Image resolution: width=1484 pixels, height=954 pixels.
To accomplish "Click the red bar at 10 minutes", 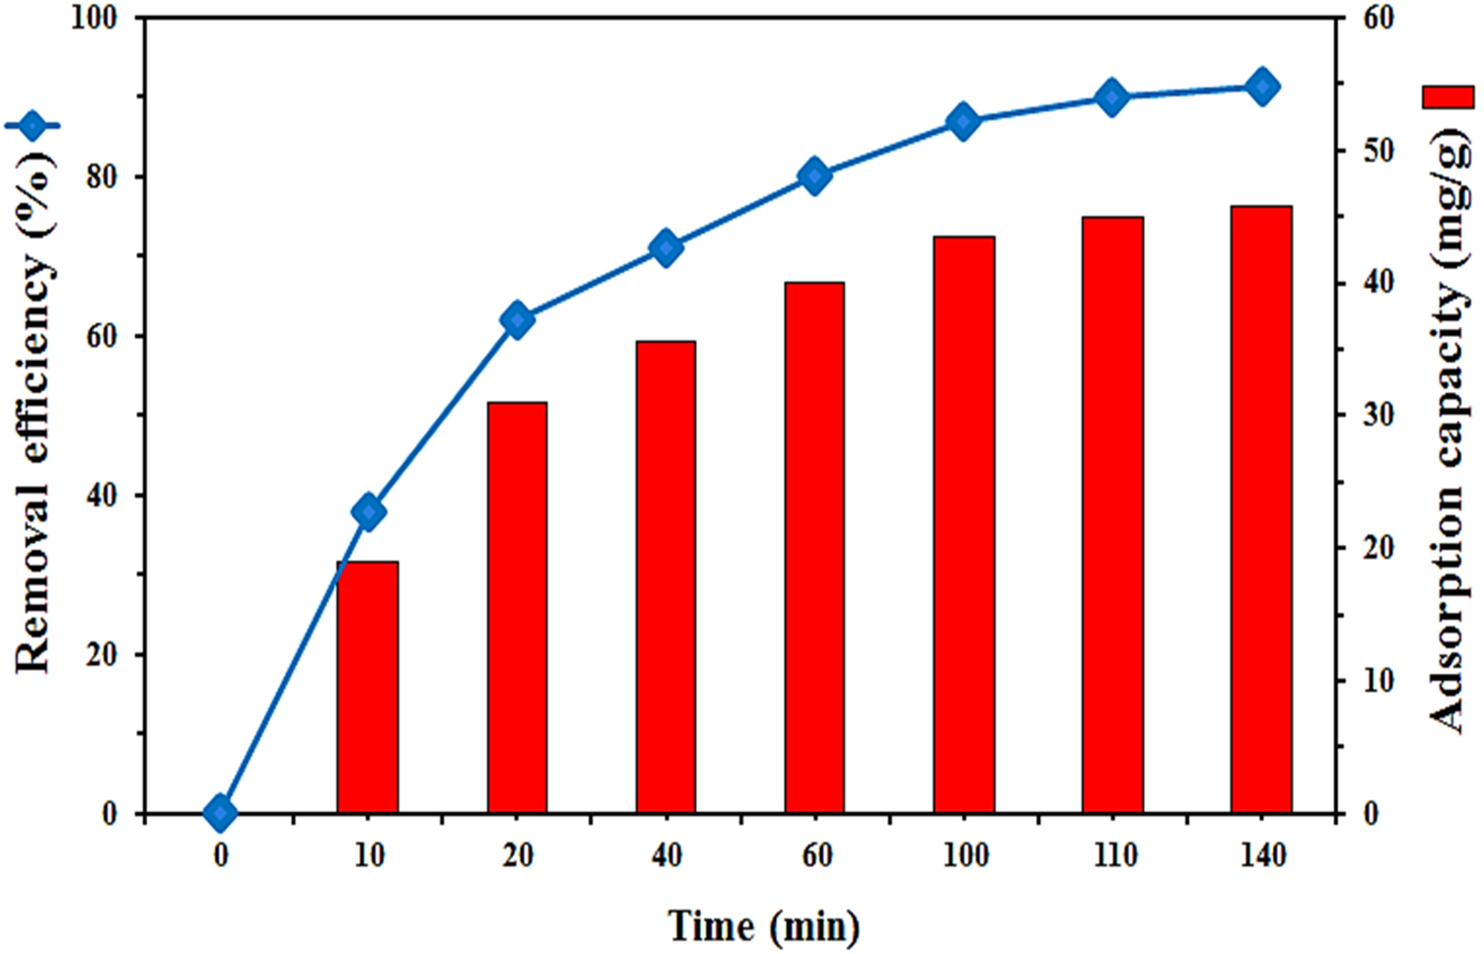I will pyautogui.click(x=368, y=687).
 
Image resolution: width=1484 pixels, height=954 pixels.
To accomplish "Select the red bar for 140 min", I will pyautogui.click(x=1261, y=510).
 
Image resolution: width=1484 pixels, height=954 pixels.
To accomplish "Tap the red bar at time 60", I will pyautogui.click(x=814, y=547).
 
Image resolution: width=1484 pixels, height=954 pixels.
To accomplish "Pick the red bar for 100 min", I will pyautogui.click(x=963, y=524).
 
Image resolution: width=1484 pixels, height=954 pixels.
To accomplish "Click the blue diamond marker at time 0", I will pyautogui.click(x=220, y=813).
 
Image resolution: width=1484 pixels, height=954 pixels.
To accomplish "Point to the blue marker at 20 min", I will pyautogui.click(x=518, y=320).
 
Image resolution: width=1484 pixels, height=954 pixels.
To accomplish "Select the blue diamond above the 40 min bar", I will pyautogui.click(x=667, y=247).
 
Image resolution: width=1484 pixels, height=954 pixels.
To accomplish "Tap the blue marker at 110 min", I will pyautogui.click(x=1112, y=98).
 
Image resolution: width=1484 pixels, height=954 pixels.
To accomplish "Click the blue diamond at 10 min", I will pyautogui.click(x=368, y=511).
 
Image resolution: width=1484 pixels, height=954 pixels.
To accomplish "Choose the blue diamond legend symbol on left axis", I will pyautogui.click(x=33, y=126).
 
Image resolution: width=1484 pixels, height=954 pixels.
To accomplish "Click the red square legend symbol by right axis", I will pyautogui.click(x=1448, y=97).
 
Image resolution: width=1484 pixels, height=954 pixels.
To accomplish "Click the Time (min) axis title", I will pyautogui.click(x=763, y=926).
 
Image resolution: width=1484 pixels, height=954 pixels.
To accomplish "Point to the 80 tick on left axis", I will pyautogui.click(x=102, y=177).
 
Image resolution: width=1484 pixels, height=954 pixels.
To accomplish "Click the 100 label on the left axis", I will pyautogui.click(x=95, y=18).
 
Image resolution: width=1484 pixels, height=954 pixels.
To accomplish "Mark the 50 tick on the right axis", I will pyautogui.click(x=1378, y=151).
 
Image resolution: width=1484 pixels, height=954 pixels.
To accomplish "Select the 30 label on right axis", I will pyautogui.click(x=1378, y=415).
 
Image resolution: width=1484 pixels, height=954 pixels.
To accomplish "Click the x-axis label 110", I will pyautogui.click(x=1114, y=854).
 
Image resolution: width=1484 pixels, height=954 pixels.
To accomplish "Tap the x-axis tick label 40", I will pyautogui.click(x=667, y=854).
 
